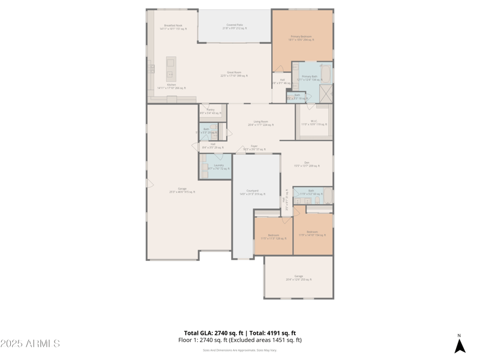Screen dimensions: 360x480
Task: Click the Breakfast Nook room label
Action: click(x=173, y=27)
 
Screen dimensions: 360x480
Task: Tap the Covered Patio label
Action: click(x=235, y=26)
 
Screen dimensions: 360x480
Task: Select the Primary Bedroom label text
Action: click(x=301, y=38)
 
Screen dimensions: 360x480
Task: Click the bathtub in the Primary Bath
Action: click(x=326, y=73)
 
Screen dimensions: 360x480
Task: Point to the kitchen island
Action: click(x=171, y=69)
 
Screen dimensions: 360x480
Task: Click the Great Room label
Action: click(x=234, y=74)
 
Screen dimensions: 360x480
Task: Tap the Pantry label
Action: click(x=211, y=111)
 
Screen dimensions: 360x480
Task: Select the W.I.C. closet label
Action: click(x=314, y=122)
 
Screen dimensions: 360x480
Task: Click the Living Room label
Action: click(x=260, y=123)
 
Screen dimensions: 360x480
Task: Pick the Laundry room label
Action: click(x=218, y=167)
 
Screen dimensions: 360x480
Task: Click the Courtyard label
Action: click(x=252, y=192)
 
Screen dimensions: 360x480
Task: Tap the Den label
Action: click(x=306, y=164)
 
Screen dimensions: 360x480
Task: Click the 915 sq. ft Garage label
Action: click(x=182, y=190)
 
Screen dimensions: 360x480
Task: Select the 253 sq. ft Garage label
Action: click(x=298, y=278)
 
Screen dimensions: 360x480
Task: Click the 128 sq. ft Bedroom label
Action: click(x=273, y=236)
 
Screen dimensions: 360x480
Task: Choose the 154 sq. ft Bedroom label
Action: click(x=312, y=233)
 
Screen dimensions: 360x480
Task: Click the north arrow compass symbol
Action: click(x=460, y=345)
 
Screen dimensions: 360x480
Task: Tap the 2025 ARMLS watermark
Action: click(x=30, y=343)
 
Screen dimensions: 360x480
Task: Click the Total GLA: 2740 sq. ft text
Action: click(x=213, y=333)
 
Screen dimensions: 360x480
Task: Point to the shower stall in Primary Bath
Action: click(x=326, y=94)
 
